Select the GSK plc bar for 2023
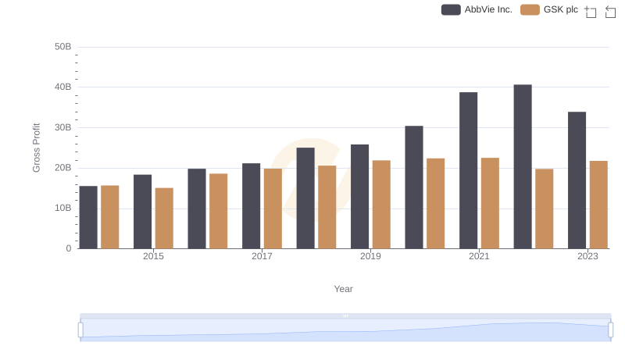point(598,205)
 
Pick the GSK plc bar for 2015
point(164,218)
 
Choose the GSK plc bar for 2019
point(381,205)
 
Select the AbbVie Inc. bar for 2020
point(414,187)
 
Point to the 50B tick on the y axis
point(63,47)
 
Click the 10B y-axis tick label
point(63,209)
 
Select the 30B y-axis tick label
point(63,127)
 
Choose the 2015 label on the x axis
point(153,257)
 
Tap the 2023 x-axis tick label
point(587,257)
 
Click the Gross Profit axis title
point(36,148)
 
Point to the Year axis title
point(344,289)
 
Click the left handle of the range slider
point(80,330)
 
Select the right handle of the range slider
point(610,330)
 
